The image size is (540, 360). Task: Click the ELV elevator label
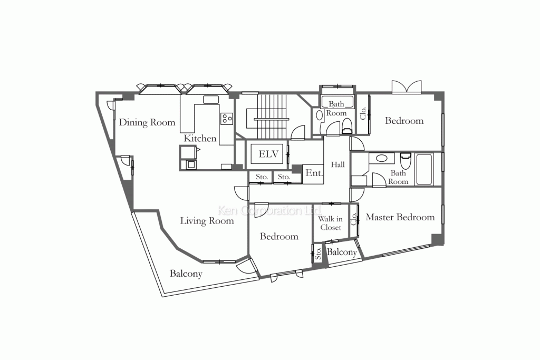coord(268,154)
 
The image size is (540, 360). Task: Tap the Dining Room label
coord(147,122)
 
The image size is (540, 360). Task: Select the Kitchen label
coord(200,138)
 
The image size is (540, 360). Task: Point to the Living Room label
coord(207,221)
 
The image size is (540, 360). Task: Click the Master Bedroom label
coord(400,217)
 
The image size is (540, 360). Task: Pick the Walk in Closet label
coord(331,223)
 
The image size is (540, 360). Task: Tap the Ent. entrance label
coord(314,173)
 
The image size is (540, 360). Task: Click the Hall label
coord(337,165)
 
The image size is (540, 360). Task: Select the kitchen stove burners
coord(227,118)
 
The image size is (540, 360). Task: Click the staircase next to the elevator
coord(272,115)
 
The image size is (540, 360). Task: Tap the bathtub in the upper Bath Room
coord(337,102)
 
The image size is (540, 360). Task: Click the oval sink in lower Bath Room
coord(381,159)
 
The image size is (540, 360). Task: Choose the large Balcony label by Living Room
coord(186,274)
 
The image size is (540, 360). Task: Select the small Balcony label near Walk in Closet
coord(342,252)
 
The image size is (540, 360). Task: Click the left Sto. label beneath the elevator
coord(262,177)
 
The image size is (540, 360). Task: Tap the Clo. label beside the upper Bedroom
coord(363,113)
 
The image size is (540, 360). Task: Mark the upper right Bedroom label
coord(404,121)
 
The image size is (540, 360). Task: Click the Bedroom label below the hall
coord(279,237)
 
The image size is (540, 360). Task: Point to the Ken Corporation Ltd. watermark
coord(271,210)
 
